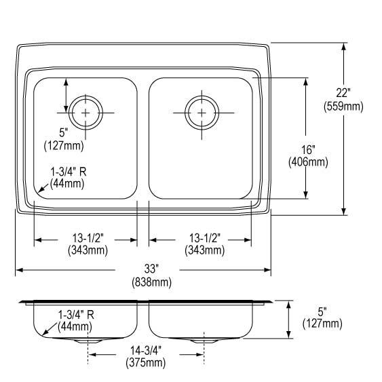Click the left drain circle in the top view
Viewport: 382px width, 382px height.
pyautogui.click(x=85, y=111)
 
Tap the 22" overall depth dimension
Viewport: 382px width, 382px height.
pyautogui.click(x=343, y=94)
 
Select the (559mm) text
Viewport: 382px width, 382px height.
pyautogui.click(x=343, y=106)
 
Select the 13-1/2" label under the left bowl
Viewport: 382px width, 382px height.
pyautogui.click(x=85, y=238)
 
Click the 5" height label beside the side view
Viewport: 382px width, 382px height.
pyautogui.click(x=322, y=311)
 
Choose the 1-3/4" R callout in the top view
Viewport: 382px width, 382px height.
pyautogui.click(x=70, y=172)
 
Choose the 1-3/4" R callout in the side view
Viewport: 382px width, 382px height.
pyautogui.click(x=76, y=314)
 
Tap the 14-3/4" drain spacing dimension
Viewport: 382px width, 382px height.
pyautogui.click(x=145, y=351)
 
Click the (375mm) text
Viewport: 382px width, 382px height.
pyautogui.click(x=145, y=363)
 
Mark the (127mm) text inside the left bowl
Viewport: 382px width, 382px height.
pyautogui.click(x=64, y=145)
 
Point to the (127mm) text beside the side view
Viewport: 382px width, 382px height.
pyautogui.click(x=322, y=324)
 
